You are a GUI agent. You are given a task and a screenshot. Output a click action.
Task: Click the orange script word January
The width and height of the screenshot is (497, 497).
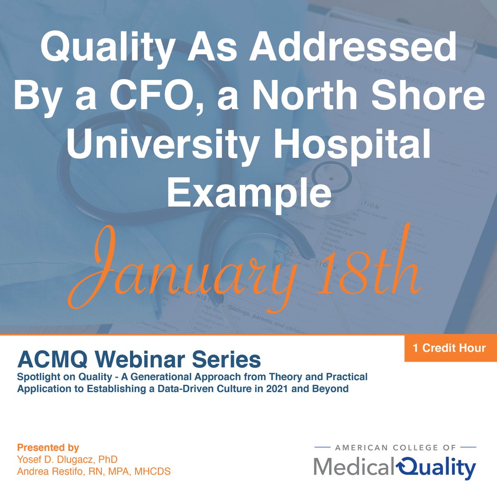coord(191,269)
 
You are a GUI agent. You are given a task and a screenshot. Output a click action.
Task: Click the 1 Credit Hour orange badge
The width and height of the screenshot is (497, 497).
coord(451,347)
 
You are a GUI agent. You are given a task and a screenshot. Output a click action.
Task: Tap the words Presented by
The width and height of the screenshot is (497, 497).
coord(48,448)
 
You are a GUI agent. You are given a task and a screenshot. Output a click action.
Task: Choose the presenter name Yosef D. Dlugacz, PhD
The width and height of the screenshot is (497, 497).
coord(67,459)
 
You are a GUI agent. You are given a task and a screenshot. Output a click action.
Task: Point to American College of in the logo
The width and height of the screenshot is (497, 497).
coord(396,447)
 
